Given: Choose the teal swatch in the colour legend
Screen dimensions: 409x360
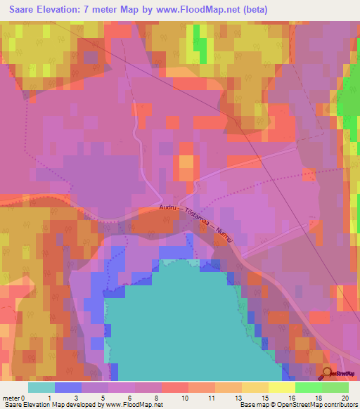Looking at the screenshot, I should [x=41, y=387].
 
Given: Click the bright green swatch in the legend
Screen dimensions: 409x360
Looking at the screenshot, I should [x=309, y=387].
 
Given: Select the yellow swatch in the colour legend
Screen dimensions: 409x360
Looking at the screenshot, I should [x=281, y=387].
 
